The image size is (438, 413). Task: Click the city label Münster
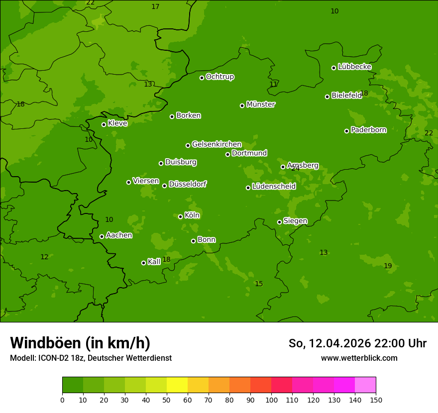(261, 104)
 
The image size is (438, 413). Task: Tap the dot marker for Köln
(180, 216)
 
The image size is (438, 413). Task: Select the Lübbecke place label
(354, 67)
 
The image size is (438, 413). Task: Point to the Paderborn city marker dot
(346, 131)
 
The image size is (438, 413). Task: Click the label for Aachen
(119, 235)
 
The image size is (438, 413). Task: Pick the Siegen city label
(295, 221)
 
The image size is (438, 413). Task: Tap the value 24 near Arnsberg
(296, 169)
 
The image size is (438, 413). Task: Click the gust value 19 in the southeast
(388, 266)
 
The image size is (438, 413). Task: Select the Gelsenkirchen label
(217, 144)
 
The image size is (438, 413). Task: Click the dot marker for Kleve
(104, 124)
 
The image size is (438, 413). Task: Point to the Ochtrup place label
(220, 77)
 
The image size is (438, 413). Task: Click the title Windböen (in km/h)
(80, 343)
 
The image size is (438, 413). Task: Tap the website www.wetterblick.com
(359, 358)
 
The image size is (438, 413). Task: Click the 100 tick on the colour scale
(271, 400)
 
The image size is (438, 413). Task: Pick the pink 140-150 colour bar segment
(365, 385)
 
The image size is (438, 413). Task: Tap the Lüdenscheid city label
(274, 187)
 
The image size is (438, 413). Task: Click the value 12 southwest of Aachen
(44, 257)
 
